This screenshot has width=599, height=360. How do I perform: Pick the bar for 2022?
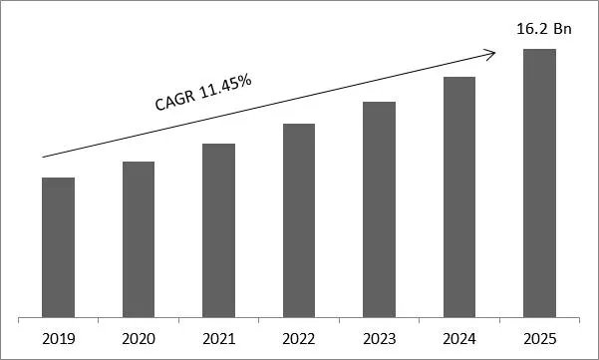(299, 219)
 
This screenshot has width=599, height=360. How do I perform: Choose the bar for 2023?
(379, 208)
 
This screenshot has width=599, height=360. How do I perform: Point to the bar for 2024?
(458, 196)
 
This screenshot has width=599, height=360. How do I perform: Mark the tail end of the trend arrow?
(42, 157)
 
